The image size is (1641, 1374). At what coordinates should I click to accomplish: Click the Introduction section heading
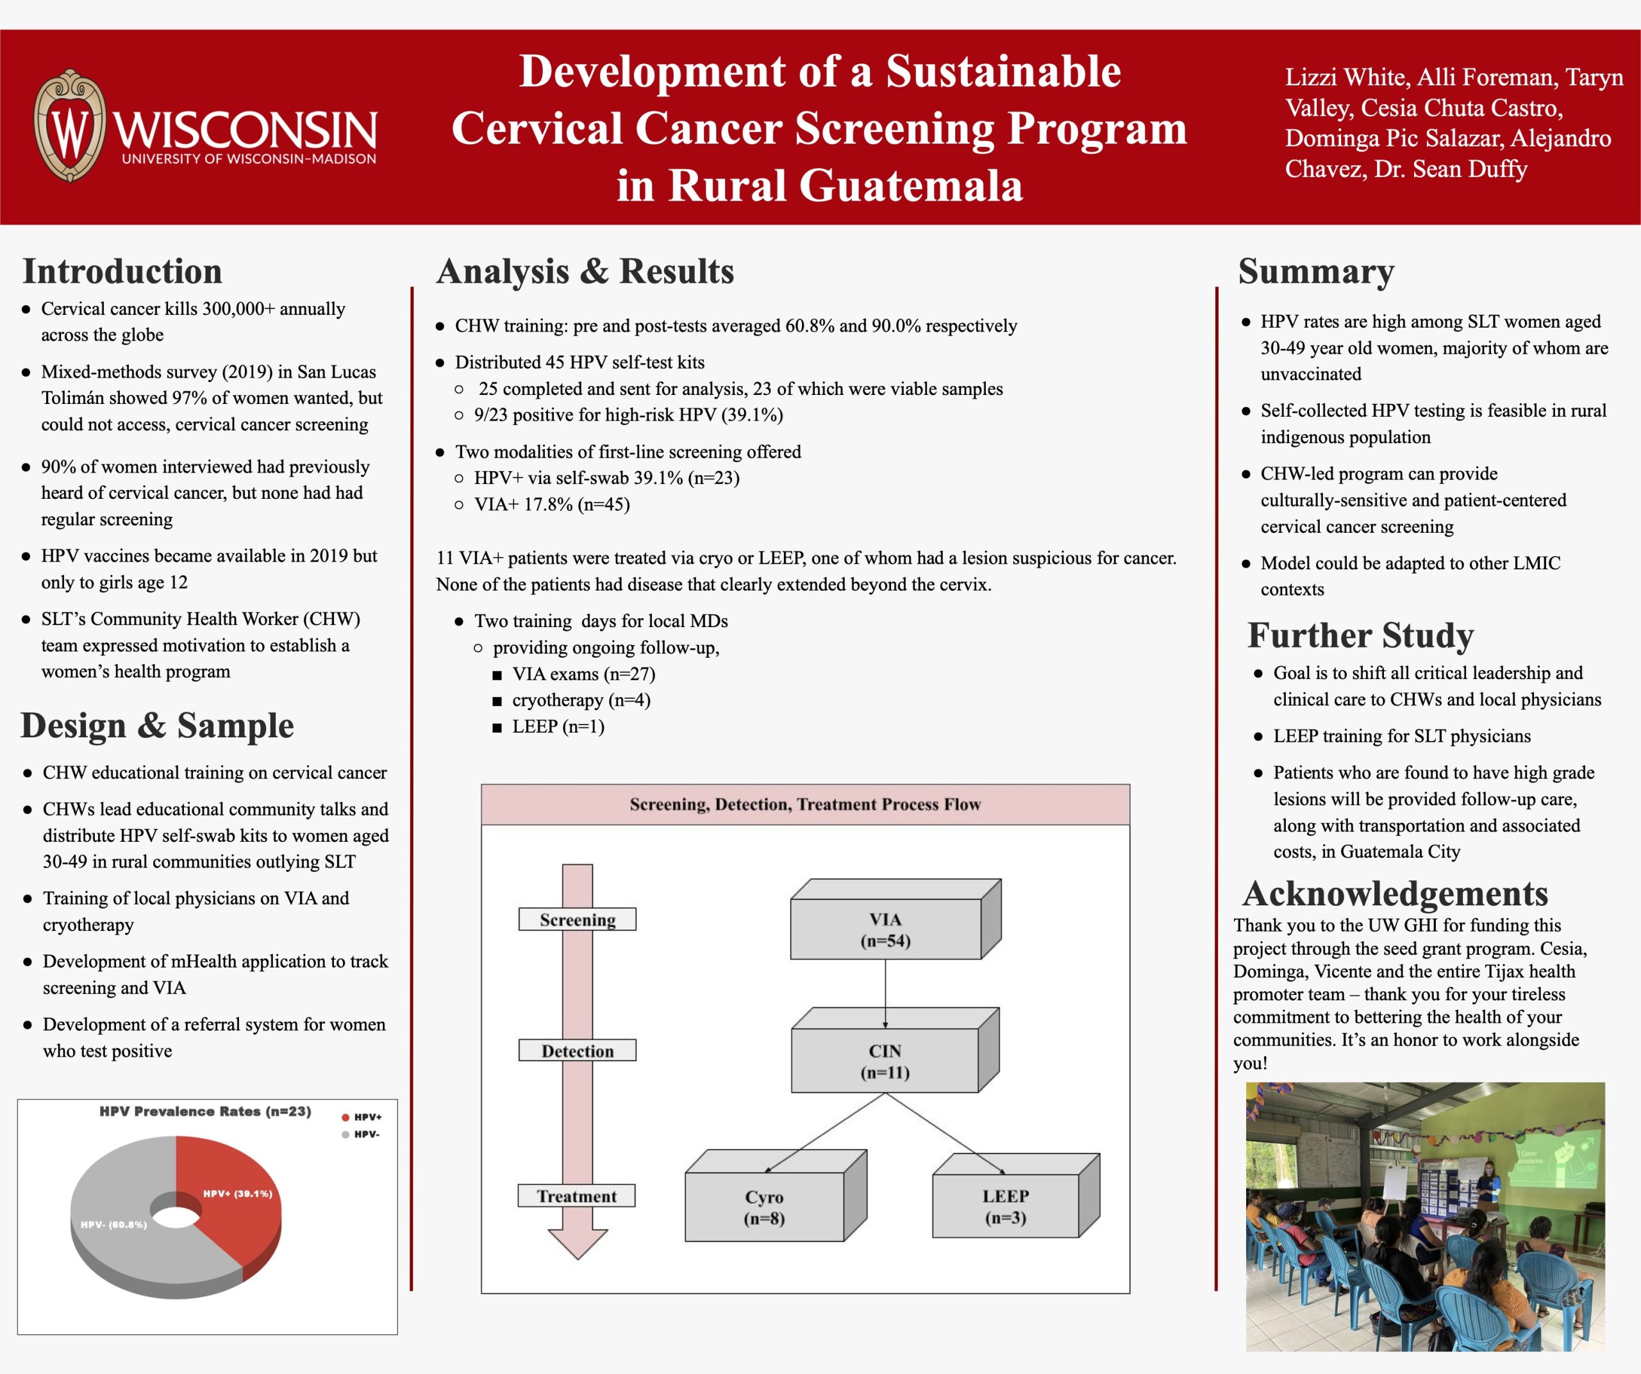[122, 271]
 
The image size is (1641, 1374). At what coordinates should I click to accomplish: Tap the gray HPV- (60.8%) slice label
[113, 1224]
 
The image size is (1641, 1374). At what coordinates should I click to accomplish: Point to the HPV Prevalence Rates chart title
[204, 1110]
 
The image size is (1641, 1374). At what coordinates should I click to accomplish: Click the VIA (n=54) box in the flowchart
[885, 929]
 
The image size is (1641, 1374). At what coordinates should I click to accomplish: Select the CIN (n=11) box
[885, 1060]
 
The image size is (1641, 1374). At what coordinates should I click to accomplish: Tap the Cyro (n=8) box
[764, 1207]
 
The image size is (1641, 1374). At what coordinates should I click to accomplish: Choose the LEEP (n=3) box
[1005, 1206]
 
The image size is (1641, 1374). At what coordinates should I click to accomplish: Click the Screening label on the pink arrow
[578, 919]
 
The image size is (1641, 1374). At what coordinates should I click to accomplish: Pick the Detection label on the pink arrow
[578, 1050]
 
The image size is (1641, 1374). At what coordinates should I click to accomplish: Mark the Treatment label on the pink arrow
[577, 1196]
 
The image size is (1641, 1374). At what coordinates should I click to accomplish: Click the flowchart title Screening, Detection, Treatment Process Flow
[805, 804]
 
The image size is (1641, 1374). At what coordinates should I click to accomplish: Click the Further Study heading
[1360, 635]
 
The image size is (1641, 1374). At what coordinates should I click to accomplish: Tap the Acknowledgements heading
[1395, 893]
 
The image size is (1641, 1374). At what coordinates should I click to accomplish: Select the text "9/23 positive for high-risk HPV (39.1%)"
[628, 415]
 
